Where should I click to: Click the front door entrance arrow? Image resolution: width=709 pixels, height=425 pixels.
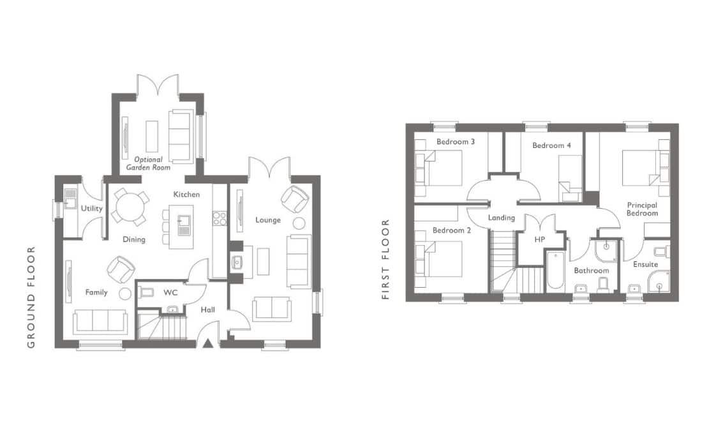click(x=207, y=343)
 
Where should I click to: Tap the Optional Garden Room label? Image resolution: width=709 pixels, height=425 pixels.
click(x=148, y=163)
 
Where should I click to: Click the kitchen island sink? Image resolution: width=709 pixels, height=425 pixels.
click(x=184, y=225)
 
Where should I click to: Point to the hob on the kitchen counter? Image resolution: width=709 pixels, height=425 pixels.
click(x=220, y=218)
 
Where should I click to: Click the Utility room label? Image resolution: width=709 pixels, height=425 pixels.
click(x=91, y=209)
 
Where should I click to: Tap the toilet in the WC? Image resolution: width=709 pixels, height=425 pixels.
click(x=146, y=293)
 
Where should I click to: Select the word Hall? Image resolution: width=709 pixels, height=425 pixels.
click(x=207, y=309)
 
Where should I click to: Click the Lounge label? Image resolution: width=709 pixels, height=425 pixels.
click(x=267, y=220)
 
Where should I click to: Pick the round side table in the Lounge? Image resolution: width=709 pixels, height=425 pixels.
click(x=299, y=223)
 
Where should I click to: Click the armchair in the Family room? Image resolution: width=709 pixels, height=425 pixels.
click(x=121, y=269)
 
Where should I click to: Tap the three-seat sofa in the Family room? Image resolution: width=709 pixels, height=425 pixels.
click(x=100, y=322)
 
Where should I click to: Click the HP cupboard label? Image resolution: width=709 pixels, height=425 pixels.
click(x=539, y=240)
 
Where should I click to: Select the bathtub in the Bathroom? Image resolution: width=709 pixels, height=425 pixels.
click(x=555, y=271)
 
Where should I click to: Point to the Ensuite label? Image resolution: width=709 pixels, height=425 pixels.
click(x=645, y=264)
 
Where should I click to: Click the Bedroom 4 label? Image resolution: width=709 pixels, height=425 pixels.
click(x=551, y=145)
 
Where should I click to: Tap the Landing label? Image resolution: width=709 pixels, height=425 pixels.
click(x=502, y=218)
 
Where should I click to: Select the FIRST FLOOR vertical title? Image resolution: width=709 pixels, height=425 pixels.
click(x=385, y=260)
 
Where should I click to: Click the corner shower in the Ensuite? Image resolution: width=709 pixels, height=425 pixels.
click(x=659, y=281)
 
